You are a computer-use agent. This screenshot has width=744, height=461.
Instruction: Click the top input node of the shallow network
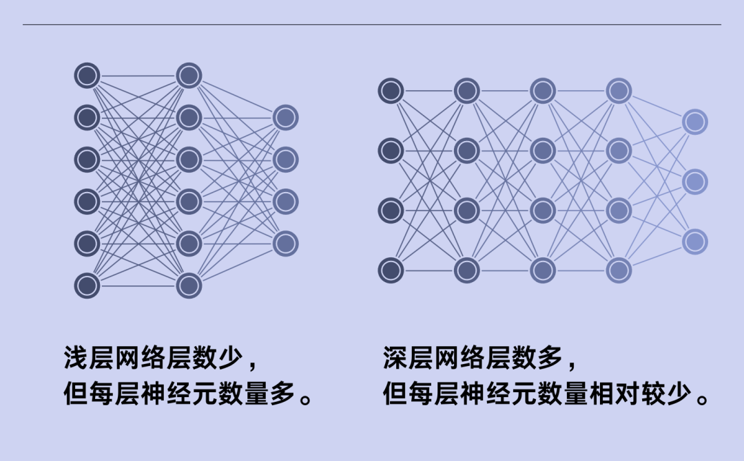pos(87,76)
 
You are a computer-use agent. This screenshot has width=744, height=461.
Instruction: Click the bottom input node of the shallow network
pos(87,286)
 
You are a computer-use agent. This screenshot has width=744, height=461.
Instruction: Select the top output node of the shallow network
pos(285,118)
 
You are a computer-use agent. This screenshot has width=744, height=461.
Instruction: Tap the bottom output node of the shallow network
pos(285,244)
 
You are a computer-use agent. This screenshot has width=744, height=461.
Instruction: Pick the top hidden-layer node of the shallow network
pos(189,76)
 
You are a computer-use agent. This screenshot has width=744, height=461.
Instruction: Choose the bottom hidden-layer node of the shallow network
pos(189,286)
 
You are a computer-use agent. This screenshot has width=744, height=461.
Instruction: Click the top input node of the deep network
pos(391,90)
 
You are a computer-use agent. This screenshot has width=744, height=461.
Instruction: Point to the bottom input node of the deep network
pos(391,270)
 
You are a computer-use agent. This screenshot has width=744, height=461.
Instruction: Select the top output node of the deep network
pos(695,122)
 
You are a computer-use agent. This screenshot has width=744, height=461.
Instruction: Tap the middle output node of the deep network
pos(695,182)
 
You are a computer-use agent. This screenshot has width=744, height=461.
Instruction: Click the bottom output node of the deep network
pos(695,242)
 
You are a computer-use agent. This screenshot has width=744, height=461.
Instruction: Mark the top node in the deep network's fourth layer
pos(619,90)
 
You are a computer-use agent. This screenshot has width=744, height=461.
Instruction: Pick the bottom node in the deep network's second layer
pos(466,270)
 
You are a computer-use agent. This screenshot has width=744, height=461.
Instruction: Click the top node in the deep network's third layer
pos(543,90)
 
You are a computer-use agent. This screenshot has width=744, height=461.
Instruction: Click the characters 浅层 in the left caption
pos(89,358)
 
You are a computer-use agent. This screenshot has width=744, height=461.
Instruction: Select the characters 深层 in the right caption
pos(409,358)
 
